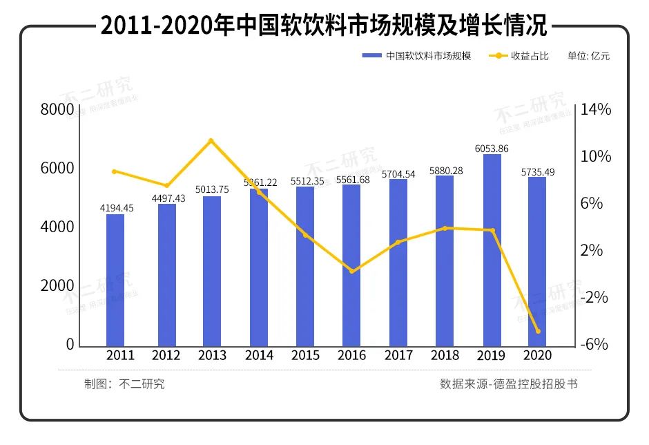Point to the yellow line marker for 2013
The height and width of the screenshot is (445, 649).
(x=211, y=141)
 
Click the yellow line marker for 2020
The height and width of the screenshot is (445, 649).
(x=538, y=331)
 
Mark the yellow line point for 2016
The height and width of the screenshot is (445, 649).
(x=351, y=271)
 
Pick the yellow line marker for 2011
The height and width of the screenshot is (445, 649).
(x=115, y=171)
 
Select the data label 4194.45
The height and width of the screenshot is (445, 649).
(x=115, y=208)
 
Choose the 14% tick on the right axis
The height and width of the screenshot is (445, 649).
(x=597, y=110)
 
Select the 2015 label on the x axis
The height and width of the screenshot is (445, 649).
(x=305, y=355)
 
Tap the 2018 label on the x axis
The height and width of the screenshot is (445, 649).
(x=445, y=355)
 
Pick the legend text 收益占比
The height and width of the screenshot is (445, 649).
(x=530, y=56)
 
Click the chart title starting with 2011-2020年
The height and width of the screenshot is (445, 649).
(x=324, y=26)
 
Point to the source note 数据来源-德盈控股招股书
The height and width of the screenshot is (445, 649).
(x=509, y=384)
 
